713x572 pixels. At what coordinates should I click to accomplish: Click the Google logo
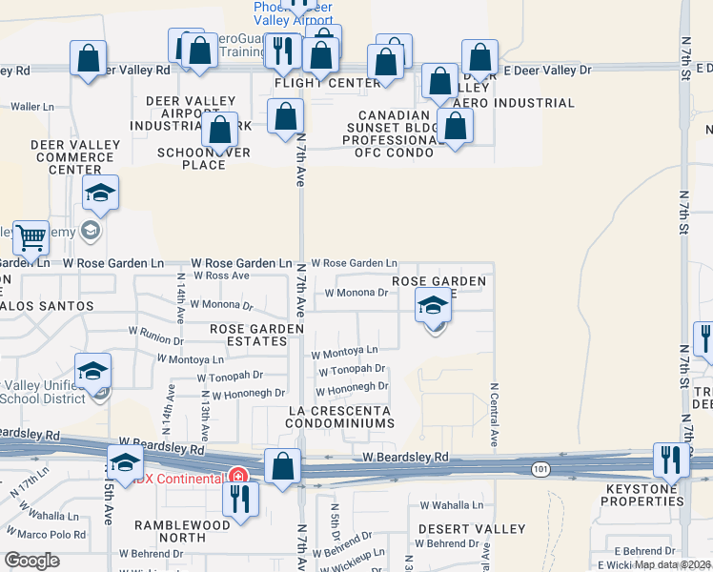(x=31, y=560)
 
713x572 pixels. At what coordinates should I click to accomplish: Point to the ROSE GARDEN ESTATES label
(x=256, y=336)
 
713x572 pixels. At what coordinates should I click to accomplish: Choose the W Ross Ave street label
(x=220, y=276)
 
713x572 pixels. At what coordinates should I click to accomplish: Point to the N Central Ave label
(x=495, y=416)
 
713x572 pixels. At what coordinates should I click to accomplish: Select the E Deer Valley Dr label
(x=547, y=70)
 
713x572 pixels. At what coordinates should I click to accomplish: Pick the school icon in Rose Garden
(x=433, y=307)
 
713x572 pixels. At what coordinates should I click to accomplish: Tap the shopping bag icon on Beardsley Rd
(x=282, y=467)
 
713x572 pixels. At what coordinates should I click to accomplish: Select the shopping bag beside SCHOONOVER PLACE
(x=220, y=129)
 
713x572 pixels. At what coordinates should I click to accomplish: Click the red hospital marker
(x=237, y=475)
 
